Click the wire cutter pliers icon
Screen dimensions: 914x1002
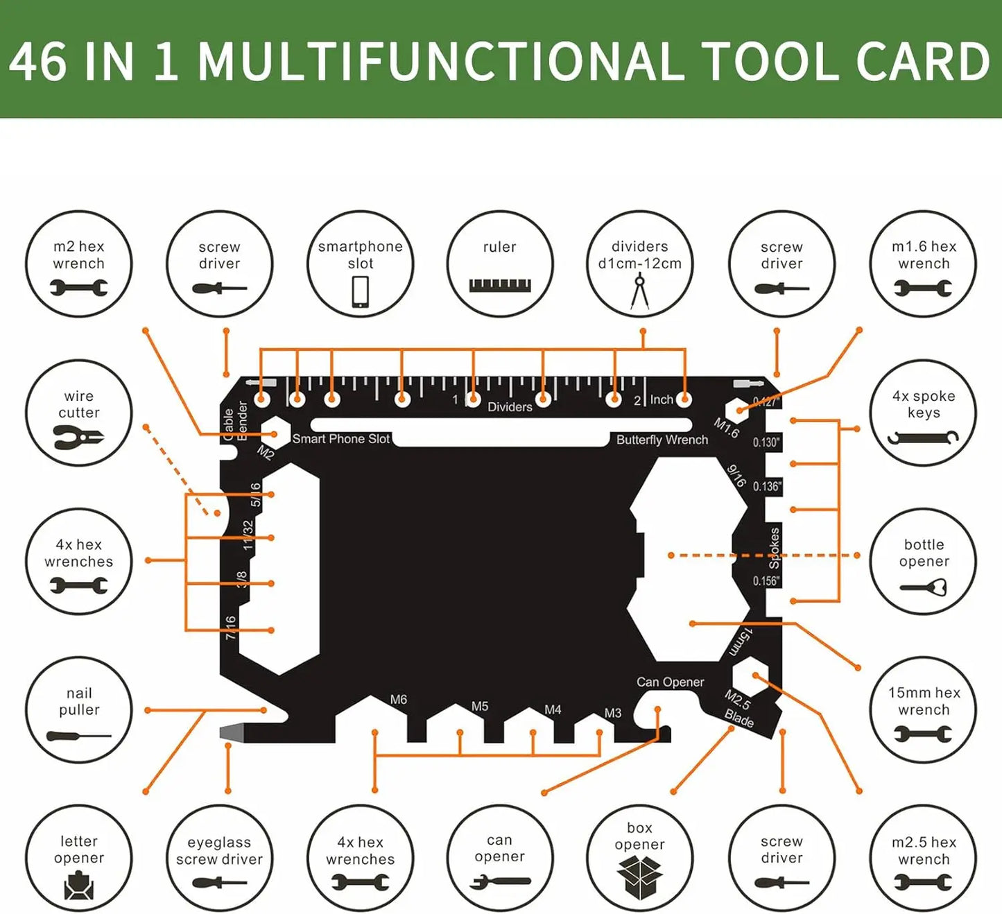click(x=78, y=438)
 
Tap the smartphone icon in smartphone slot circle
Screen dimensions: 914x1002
click(x=360, y=291)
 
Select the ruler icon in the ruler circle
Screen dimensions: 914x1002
click(x=499, y=285)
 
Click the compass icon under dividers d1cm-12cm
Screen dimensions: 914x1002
click(x=639, y=291)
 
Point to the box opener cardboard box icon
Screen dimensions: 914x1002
click(x=639, y=876)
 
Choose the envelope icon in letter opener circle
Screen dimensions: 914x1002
click(x=78, y=885)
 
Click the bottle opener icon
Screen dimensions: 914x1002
click(x=924, y=588)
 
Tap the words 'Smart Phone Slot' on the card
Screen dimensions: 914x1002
click(x=340, y=438)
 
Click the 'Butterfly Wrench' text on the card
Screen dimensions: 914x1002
click(x=662, y=440)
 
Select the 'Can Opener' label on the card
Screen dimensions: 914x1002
click(x=670, y=682)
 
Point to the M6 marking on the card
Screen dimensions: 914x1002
click(x=398, y=699)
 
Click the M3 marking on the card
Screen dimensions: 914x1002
click(x=612, y=712)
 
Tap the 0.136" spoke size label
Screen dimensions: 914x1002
click(x=767, y=486)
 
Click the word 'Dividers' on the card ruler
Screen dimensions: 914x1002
click(x=510, y=407)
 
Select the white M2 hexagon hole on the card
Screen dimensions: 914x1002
click(x=275, y=433)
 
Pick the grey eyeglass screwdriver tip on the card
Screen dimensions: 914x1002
click(x=231, y=732)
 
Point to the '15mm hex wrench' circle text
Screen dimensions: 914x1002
click(x=924, y=701)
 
